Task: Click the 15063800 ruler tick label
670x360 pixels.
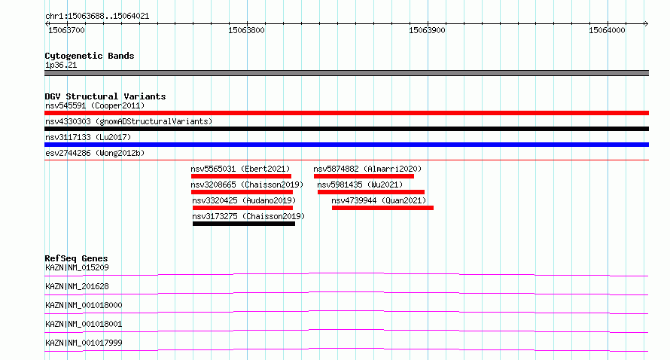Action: click(247, 30)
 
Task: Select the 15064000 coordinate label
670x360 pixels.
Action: click(607, 30)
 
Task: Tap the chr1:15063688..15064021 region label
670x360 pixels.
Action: click(97, 17)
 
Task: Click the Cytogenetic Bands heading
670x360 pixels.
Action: click(90, 56)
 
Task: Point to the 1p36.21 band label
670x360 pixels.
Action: click(61, 65)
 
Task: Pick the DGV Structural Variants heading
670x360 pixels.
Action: click(105, 96)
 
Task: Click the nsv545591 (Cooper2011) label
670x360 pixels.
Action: click(95, 105)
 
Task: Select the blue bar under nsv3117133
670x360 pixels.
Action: click(346, 145)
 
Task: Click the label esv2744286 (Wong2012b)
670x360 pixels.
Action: click(95, 153)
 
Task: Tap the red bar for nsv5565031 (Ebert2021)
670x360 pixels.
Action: click(241, 176)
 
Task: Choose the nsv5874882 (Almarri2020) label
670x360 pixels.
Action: click(367, 169)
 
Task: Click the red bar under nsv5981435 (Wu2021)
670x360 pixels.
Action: click(371, 192)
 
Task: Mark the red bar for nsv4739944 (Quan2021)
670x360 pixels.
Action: click(383, 208)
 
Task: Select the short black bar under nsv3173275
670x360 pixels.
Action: click(244, 224)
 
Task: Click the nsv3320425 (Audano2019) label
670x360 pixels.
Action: click(244, 200)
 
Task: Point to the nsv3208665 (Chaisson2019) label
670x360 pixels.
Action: click(247, 185)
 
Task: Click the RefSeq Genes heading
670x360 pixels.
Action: click(76, 258)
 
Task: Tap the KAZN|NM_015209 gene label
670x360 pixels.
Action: click(77, 267)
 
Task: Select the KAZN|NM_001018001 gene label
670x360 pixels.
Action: click(84, 324)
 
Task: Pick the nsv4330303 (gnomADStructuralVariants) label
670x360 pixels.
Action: click(129, 121)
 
